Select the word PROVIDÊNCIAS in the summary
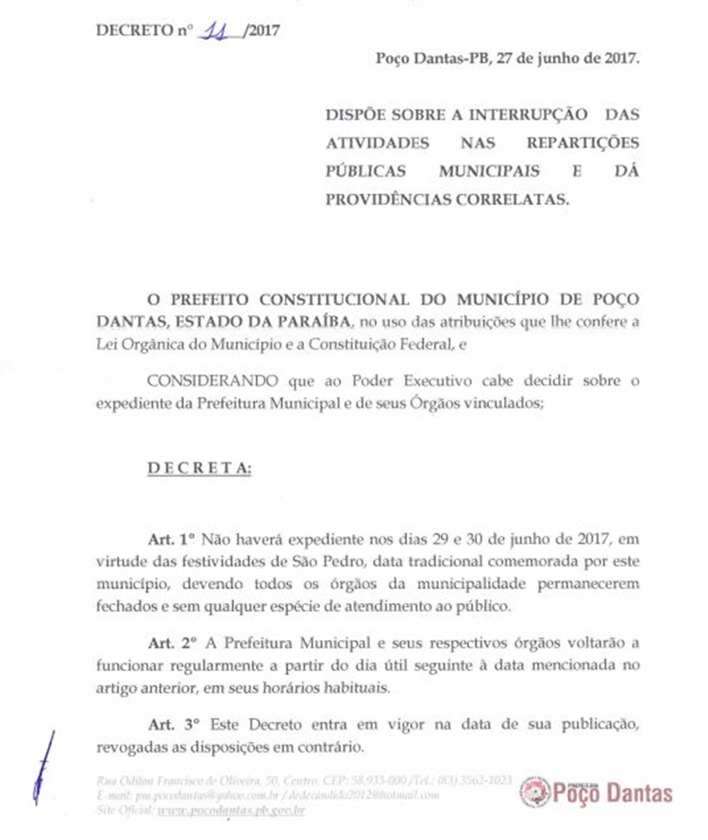tap(383, 198)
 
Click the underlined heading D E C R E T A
tap(199, 469)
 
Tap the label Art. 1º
tap(169, 539)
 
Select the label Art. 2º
tap(171, 642)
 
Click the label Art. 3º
tap(171, 724)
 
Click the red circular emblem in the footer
tap(534, 791)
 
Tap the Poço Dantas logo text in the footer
tap(615, 792)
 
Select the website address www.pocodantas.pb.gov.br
tap(230, 810)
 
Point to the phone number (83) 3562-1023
tap(476, 781)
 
